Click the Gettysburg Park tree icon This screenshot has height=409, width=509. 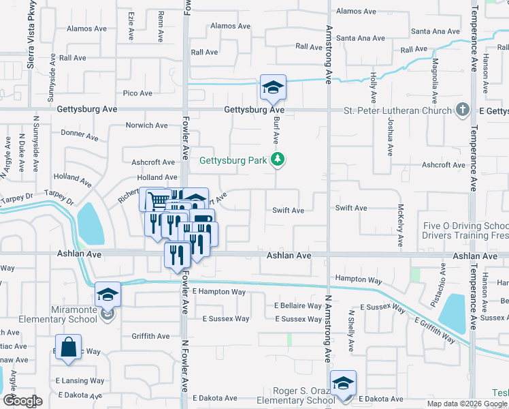pyautogui.click(x=278, y=161)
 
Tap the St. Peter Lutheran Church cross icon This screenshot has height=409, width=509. pyautogui.click(x=462, y=110)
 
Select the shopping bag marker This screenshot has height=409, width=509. pyautogui.click(x=69, y=348)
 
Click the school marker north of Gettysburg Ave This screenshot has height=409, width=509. pyautogui.click(x=273, y=88)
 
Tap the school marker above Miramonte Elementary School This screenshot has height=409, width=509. pyautogui.click(x=108, y=295)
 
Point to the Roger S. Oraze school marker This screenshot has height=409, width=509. pyautogui.click(x=343, y=384)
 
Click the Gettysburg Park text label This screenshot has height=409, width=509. pyautogui.click(x=233, y=162)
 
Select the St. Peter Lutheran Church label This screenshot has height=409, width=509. pyautogui.click(x=397, y=110)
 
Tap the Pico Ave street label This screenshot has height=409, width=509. pyautogui.click(x=137, y=93)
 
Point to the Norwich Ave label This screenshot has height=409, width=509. pyautogui.click(x=147, y=125)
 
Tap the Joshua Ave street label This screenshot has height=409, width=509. pyautogui.click(x=391, y=136)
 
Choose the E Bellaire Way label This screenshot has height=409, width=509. pyautogui.click(x=298, y=306)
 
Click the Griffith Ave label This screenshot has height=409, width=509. pyautogui.click(x=150, y=336)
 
